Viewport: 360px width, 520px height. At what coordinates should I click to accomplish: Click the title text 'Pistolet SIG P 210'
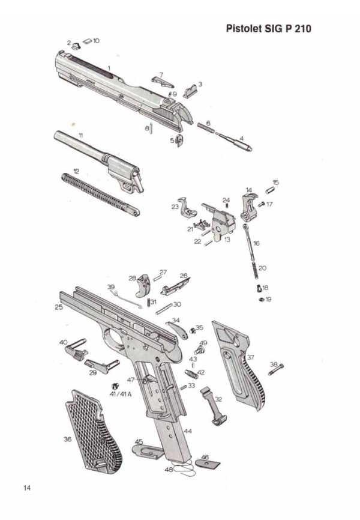pyautogui.click(x=269, y=28)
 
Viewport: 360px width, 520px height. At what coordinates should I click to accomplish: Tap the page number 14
pyautogui.click(x=27, y=488)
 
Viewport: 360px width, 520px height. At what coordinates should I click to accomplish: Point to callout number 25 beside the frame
pyautogui.click(x=59, y=307)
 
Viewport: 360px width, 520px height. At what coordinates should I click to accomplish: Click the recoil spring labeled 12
pyautogui.click(x=100, y=195)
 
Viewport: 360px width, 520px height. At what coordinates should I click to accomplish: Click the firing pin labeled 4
pyautogui.click(x=234, y=141)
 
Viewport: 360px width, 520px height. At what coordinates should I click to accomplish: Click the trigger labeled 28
pyautogui.click(x=143, y=285)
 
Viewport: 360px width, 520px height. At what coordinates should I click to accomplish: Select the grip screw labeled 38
pyautogui.click(x=276, y=369)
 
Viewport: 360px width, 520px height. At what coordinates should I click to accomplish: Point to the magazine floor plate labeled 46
pyautogui.click(x=207, y=464)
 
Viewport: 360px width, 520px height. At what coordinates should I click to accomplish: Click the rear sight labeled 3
pyautogui.click(x=190, y=91)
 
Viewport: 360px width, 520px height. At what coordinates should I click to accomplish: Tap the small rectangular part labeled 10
pyautogui.click(x=87, y=41)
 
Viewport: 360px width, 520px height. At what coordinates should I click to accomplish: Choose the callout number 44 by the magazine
pyautogui.click(x=188, y=431)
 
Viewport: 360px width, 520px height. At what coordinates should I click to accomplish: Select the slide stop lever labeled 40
pyautogui.click(x=76, y=348)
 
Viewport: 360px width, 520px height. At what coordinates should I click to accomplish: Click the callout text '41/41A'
pyautogui.click(x=121, y=395)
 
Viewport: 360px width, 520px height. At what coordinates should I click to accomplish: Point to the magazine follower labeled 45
pyautogui.click(x=148, y=452)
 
